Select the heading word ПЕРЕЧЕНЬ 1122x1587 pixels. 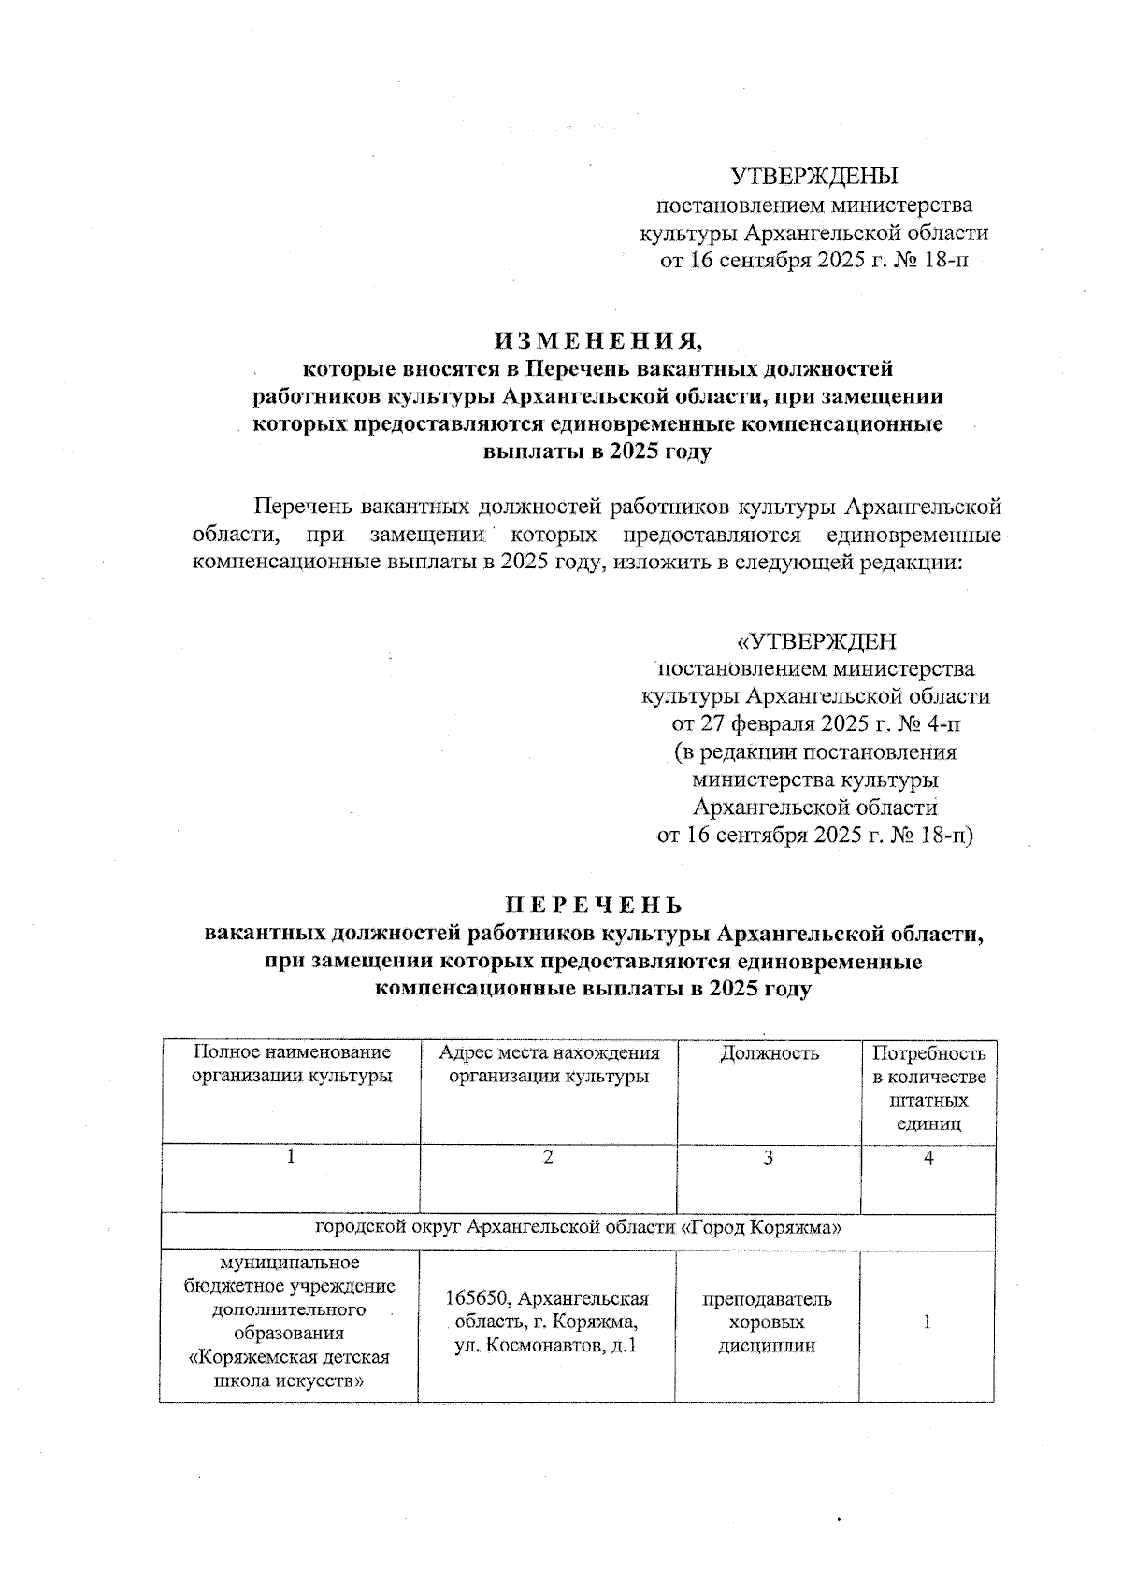[594, 905]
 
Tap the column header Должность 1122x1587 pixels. [769, 1053]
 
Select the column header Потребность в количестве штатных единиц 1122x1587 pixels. [928, 1089]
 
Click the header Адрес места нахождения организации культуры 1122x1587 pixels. [549, 1065]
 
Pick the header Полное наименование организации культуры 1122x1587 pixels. [291, 1065]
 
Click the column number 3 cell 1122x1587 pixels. [768, 1158]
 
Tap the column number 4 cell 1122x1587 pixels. [928, 1158]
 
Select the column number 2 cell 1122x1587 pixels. [549, 1158]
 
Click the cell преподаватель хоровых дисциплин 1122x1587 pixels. [767, 1322]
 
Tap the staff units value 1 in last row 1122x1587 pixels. [927, 1322]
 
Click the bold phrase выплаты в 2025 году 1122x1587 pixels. [597, 451]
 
